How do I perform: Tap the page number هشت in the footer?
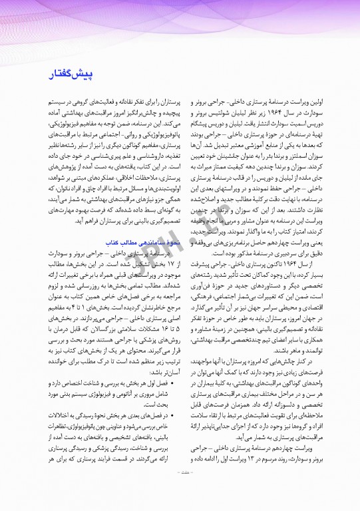(180, 492)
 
